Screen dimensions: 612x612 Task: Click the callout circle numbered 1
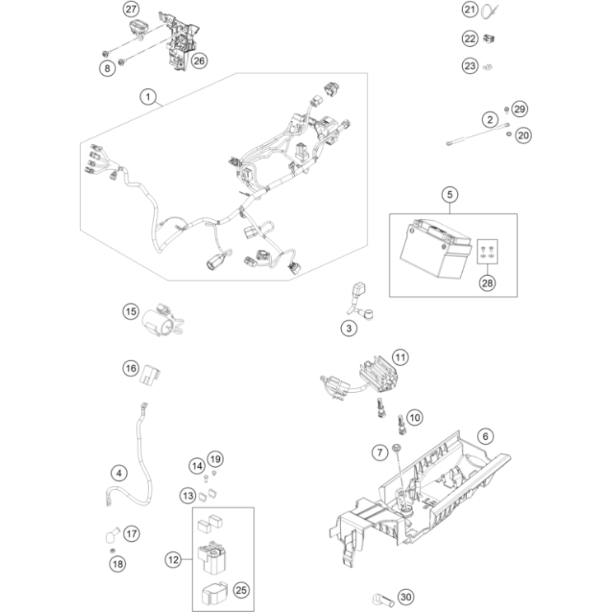pyautogui.click(x=148, y=98)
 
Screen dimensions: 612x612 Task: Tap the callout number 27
pyautogui.click(x=131, y=10)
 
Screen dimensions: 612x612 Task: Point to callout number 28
pyautogui.click(x=488, y=283)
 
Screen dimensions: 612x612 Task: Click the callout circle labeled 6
pyautogui.click(x=485, y=436)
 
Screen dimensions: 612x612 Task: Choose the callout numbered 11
pyautogui.click(x=399, y=357)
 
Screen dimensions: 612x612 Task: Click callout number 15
pyautogui.click(x=131, y=311)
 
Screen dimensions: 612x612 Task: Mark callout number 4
pyautogui.click(x=120, y=473)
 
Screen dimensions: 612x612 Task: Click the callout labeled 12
pyautogui.click(x=173, y=560)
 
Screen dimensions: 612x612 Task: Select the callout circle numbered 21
pyautogui.click(x=470, y=10)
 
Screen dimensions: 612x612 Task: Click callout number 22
pyautogui.click(x=470, y=38)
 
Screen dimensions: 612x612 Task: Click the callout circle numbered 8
pyautogui.click(x=107, y=69)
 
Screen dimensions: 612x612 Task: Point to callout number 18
pyautogui.click(x=116, y=563)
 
